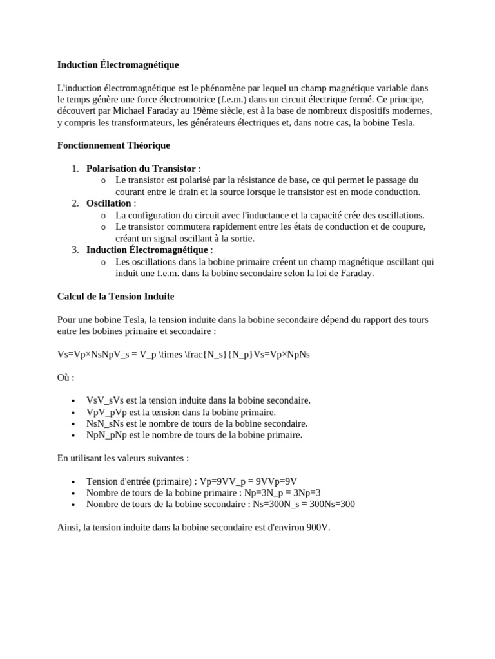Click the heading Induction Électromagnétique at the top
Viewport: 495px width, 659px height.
[x=118, y=65]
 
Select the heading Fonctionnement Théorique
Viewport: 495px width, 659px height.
[x=113, y=145]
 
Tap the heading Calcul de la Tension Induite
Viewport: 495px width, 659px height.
[x=116, y=297]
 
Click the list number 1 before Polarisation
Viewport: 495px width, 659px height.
[x=75, y=169]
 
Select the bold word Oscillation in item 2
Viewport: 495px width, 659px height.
[x=109, y=203]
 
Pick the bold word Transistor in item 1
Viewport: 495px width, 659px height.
[x=173, y=169]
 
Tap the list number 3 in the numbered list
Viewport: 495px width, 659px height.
[x=75, y=250]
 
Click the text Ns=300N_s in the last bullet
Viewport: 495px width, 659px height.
[x=278, y=505]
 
